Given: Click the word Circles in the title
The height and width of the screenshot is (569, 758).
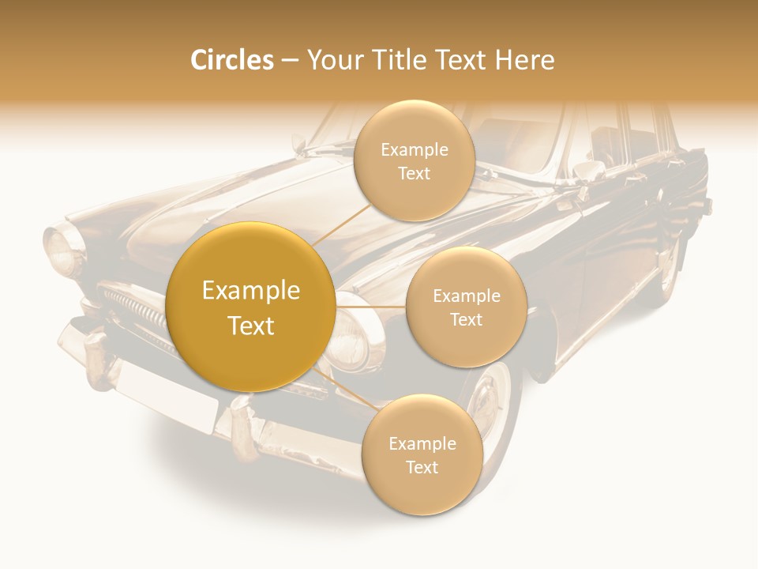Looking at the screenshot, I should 231,60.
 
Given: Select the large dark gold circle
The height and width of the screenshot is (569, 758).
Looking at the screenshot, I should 250,307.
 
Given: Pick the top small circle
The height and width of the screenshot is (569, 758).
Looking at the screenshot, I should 414,160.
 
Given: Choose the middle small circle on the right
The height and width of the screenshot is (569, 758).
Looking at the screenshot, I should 466,307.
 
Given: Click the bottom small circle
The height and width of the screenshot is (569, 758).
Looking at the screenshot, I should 422,454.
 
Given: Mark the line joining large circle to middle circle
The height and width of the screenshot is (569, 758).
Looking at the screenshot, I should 370,306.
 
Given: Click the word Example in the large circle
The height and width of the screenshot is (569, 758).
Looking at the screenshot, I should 250,291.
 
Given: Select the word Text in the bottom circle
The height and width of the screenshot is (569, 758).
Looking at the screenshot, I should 422,467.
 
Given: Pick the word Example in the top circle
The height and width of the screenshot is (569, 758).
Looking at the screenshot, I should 414,149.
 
